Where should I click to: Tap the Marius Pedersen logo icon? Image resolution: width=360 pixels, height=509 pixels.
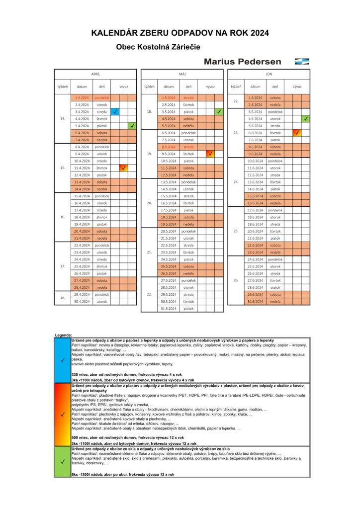pyautogui.click(x=302, y=62)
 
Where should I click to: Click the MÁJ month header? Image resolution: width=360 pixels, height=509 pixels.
pyautogui.click(x=182, y=74)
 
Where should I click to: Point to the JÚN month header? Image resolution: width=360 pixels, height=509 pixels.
pyautogui.click(x=269, y=74)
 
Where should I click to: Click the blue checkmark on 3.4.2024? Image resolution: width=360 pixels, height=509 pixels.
pyautogui.click(x=115, y=112)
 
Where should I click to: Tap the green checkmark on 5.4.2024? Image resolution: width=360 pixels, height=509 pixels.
pyautogui.click(x=132, y=126)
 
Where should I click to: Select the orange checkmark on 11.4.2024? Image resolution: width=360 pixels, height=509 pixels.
pyautogui.click(x=123, y=168)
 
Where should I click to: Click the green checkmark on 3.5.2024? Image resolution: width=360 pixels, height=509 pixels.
pyautogui.click(x=219, y=112)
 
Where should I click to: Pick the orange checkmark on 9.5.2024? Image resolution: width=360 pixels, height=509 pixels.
pyautogui.click(x=210, y=154)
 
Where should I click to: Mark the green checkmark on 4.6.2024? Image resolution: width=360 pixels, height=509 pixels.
pyautogui.click(x=305, y=119)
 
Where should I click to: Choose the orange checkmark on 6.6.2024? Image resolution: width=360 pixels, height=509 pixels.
pyautogui.click(x=296, y=133)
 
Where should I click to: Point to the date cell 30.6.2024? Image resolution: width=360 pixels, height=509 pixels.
pyautogui.click(x=255, y=302)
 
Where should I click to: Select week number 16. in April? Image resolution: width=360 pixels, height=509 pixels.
pyautogui.click(x=63, y=217)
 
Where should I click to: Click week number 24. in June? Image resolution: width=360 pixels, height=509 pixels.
pyautogui.click(x=236, y=182)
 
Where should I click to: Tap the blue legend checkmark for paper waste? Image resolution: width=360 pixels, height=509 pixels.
pyautogui.click(x=62, y=360)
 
